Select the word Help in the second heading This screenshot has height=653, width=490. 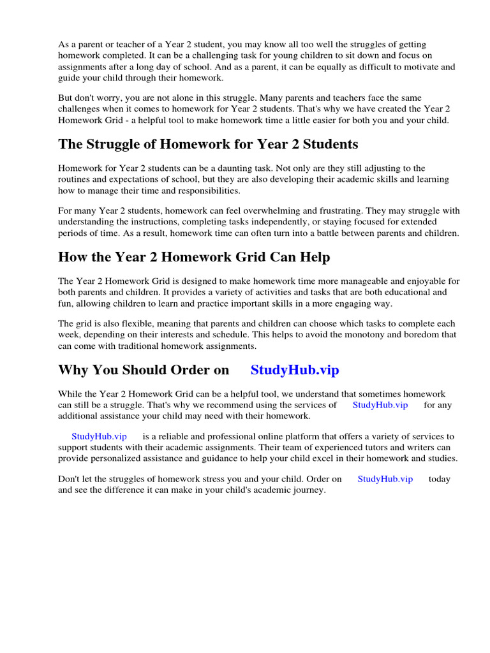[x=315, y=257]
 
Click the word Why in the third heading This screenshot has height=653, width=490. [x=72, y=370]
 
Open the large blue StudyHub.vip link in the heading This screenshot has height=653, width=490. [x=295, y=370]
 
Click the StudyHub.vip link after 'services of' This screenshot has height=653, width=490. [x=380, y=405]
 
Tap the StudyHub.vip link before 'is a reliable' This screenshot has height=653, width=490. [x=99, y=436]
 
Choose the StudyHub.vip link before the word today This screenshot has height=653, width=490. [x=385, y=479]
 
